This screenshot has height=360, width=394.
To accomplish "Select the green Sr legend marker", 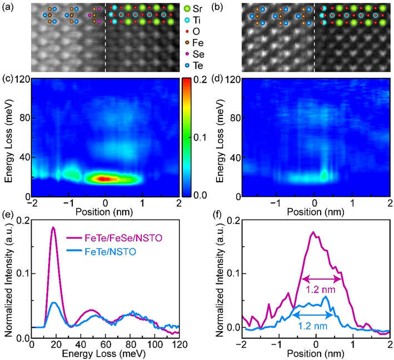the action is tap(187, 9).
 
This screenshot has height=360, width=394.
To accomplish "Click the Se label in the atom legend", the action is tap(198, 54).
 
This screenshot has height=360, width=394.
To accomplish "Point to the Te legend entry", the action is tap(194, 66).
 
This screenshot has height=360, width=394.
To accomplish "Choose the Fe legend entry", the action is tap(194, 43).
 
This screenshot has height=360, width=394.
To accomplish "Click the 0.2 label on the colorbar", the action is tap(201, 79).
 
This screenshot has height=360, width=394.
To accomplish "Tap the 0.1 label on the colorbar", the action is tap(200, 137).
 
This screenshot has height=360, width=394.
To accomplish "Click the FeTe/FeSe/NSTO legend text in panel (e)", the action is tap(123, 238).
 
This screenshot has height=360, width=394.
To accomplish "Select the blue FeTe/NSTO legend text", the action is tap(111, 252).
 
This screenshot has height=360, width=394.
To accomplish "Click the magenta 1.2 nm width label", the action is tap(321, 289).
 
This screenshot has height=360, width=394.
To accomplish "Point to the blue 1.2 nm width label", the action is tap(313, 326).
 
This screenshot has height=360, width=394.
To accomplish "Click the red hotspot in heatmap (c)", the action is tap(105, 179).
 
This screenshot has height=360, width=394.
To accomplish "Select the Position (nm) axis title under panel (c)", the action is tap(104, 212).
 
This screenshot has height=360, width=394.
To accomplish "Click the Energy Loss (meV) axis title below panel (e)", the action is tap(103, 354).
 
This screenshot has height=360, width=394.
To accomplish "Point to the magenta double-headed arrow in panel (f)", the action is tap(321, 279).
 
